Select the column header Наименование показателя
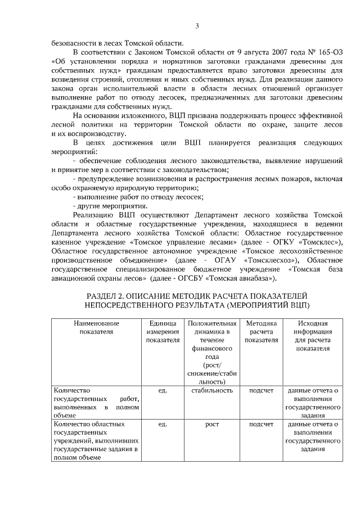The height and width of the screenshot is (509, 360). [x=96, y=328]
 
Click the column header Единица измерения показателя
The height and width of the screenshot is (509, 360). [x=163, y=332]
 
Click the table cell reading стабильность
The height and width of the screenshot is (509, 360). [x=212, y=390]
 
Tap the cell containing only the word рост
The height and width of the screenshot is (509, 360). [x=212, y=424]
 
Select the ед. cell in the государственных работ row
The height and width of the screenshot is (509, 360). [x=163, y=390]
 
